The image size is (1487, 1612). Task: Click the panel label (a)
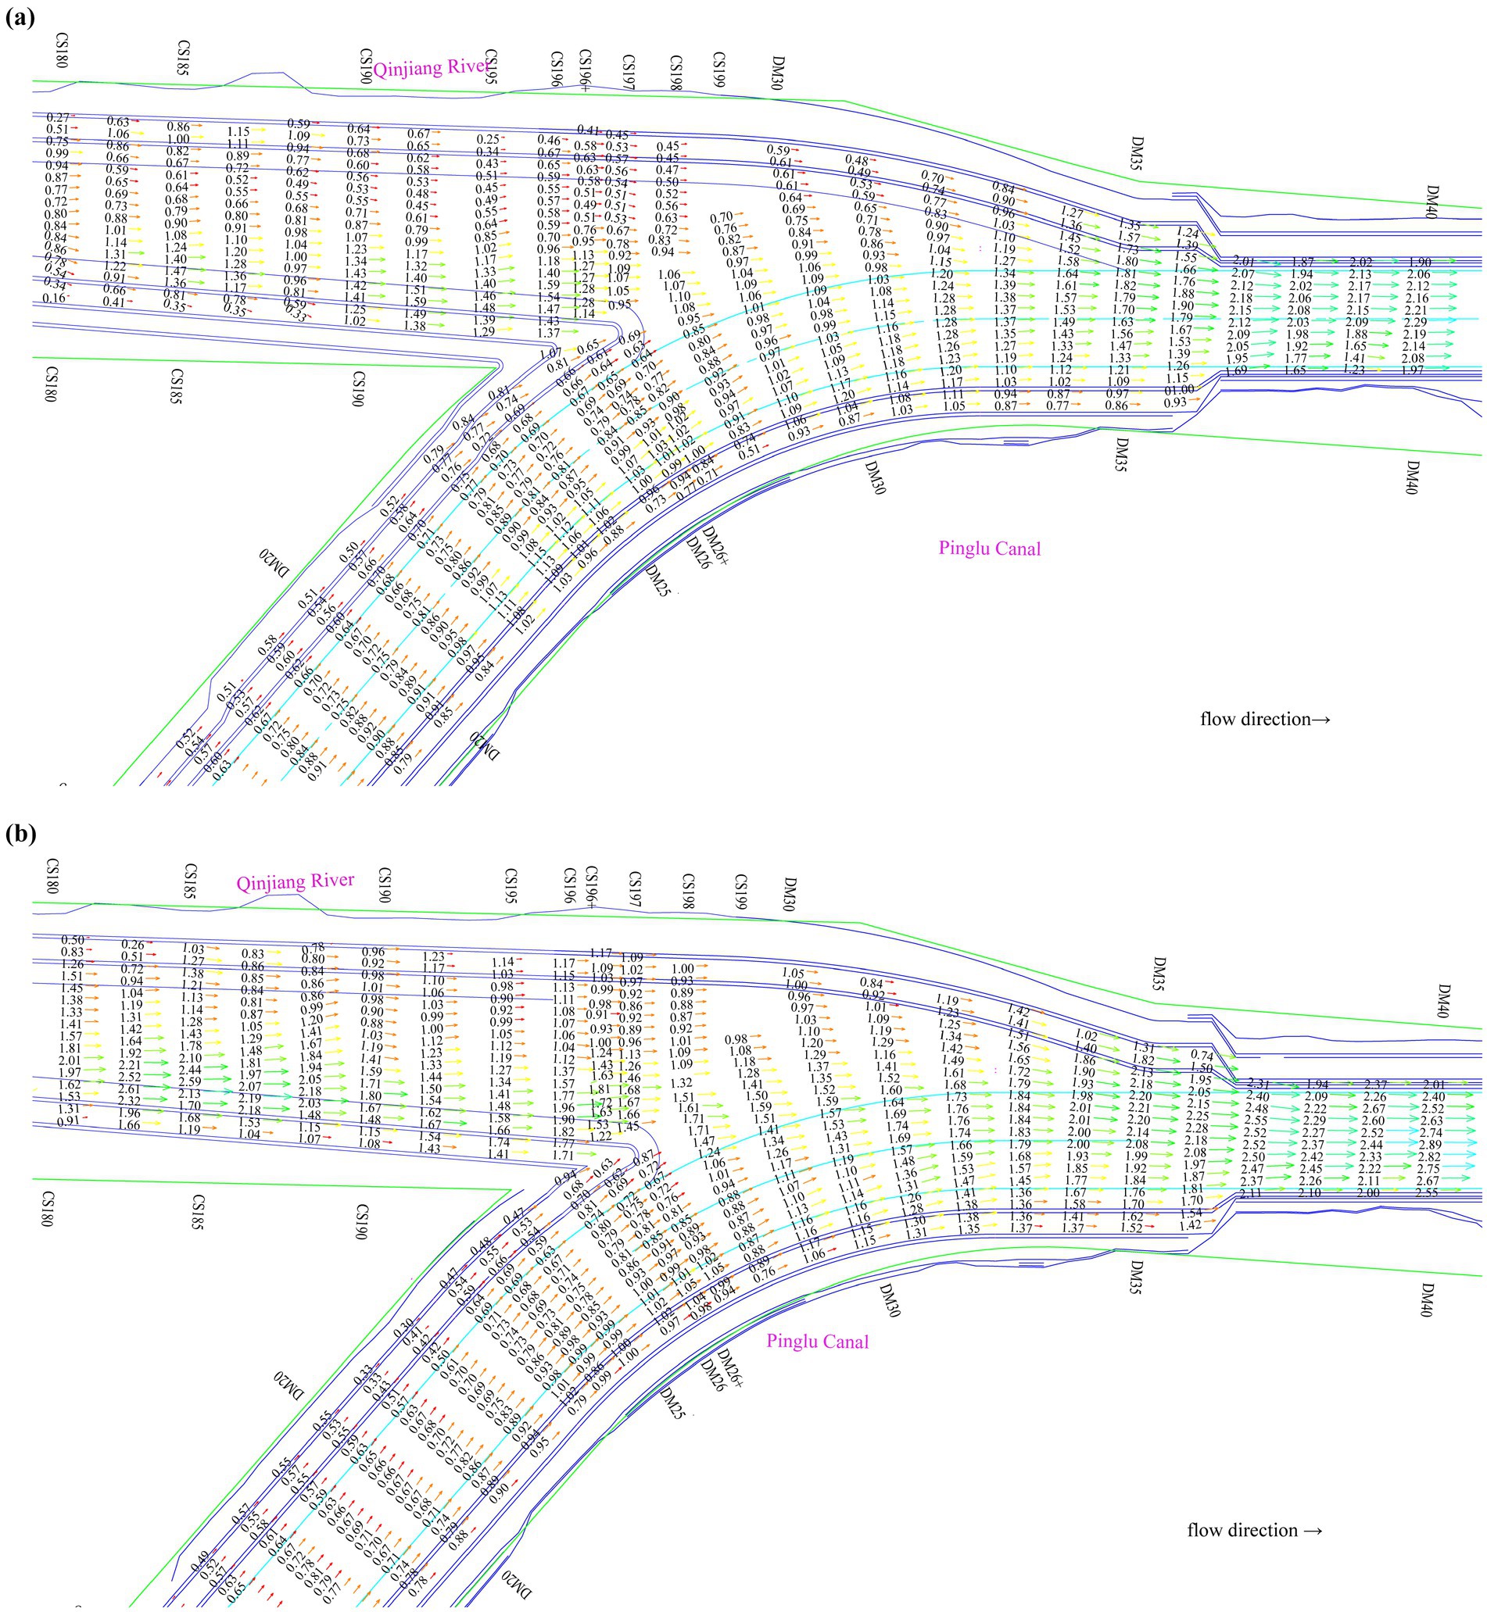pyautogui.click(x=20, y=18)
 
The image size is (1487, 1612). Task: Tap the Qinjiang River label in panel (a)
pyautogui.click(x=431, y=66)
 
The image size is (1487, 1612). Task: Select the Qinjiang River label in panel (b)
pyautogui.click(x=295, y=881)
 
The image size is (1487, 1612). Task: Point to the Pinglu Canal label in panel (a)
pyautogui.click(x=989, y=549)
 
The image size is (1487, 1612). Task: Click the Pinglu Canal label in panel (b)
pyautogui.click(x=817, y=1341)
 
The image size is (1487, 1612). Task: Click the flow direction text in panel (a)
pyautogui.click(x=1265, y=719)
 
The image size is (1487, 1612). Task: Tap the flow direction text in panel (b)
pyautogui.click(x=1255, y=1530)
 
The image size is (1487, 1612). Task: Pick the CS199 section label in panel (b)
pyautogui.click(x=740, y=892)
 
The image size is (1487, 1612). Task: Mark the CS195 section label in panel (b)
pyautogui.click(x=509, y=885)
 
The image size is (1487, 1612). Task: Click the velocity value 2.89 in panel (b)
pyautogui.click(x=1429, y=1145)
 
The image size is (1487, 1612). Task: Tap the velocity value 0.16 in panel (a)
pyautogui.click(x=54, y=298)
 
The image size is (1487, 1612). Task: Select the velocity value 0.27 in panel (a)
pyautogui.click(x=58, y=118)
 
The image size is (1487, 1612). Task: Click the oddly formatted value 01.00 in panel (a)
pyautogui.click(x=1180, y=390)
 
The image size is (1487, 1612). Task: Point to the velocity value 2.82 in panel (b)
pyautogui.click(x=1429, y=1156)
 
